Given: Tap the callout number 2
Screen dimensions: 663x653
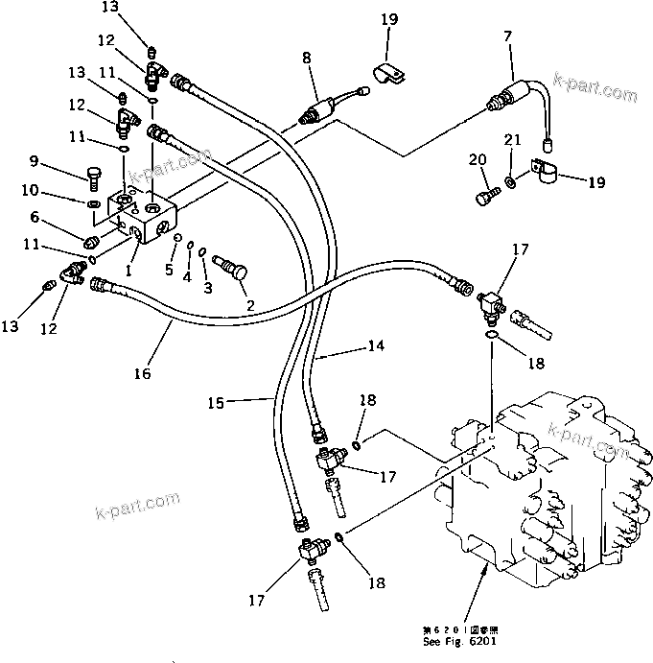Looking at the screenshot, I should click(252, 306).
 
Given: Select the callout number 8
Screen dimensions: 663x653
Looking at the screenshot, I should click(307, 59).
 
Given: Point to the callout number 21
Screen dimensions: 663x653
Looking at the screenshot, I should click(513, 141).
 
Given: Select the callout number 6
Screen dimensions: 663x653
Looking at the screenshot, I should click(60, 217).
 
